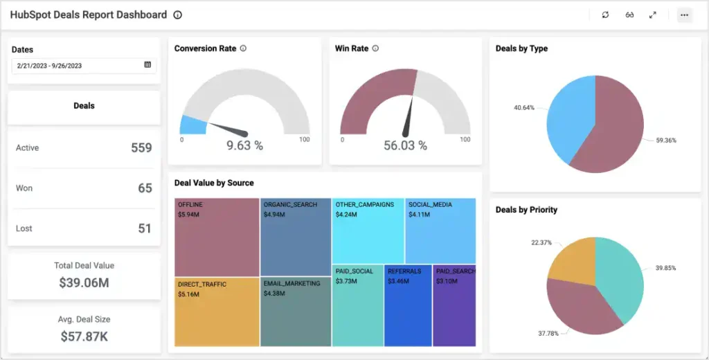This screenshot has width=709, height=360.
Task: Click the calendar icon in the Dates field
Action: point(147,65)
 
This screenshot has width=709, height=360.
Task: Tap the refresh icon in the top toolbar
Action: point(605,15)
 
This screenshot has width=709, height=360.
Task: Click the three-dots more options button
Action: point(684,15)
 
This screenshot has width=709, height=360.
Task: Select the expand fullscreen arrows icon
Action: point(652,15)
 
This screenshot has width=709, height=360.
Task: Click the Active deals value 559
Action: point(141,147)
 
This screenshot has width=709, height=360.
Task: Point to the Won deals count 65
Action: point(145,188)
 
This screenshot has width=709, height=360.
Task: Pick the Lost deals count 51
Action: point(145,228)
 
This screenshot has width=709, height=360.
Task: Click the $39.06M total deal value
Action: point(84,282)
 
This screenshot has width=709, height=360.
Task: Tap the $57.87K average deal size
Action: point(84,336)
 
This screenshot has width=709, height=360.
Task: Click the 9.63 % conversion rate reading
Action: point(245,145)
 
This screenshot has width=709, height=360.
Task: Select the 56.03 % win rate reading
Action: point(405,145)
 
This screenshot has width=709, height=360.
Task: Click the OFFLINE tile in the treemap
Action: point(216,237)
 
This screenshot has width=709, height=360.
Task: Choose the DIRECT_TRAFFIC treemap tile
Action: point(216,312)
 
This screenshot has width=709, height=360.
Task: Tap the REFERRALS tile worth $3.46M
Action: point(408,305)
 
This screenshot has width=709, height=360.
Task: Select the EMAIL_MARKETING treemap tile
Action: point(296,312)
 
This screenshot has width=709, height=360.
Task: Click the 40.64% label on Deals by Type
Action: point(524,108)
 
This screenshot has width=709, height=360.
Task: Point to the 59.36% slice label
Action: point(666,141)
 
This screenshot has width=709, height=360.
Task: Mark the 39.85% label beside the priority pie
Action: point(665,268)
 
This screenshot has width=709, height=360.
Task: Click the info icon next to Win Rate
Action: point(375,48)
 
